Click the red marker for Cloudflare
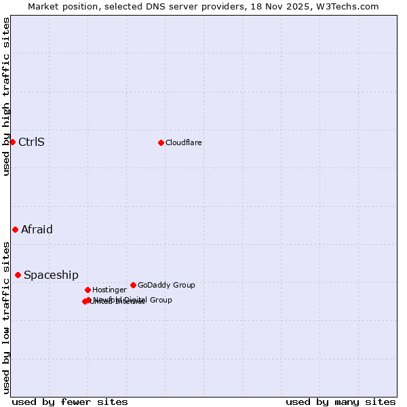click(161, 142)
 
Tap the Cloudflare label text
click(183, 142)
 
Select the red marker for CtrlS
click(12, 142)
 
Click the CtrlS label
click(31, 142)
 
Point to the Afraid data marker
click(15, 229)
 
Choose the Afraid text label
click(37, 229)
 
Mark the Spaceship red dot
click(18, 275)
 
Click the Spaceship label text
click(51, 275)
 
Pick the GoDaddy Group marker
click(133, 285)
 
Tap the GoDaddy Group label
click(166, 285)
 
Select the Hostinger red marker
click(88, 290)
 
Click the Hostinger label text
click(109, 290)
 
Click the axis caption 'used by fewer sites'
click(70, 402)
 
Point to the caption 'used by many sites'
click(341, 402)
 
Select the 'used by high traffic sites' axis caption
click(7, 96)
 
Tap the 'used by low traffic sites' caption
click(7, 317)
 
